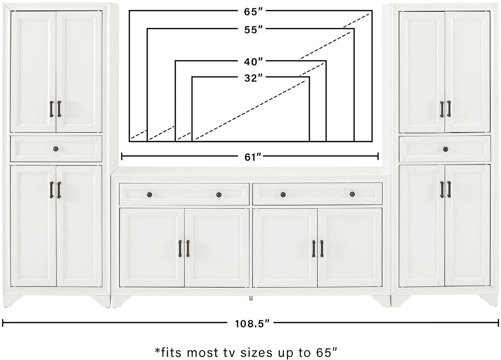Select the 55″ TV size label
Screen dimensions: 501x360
(253, 30)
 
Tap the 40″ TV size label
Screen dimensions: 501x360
(253, 62)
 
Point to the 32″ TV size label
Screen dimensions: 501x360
(253, 78)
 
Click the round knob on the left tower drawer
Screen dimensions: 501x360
(56, 149)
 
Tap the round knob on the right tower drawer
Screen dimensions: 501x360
(445, 149)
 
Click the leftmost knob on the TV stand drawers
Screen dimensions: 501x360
(149, 195)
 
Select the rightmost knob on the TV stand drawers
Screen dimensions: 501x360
(352, 194)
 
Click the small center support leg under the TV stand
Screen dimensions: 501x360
(251, 299)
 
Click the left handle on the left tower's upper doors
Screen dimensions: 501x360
(51, 109)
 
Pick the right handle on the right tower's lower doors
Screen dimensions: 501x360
(449, 189)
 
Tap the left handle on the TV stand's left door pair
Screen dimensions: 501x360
(180, 249)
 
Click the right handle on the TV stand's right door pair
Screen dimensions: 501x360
(321, 249)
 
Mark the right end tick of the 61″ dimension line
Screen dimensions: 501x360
(378, 156)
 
